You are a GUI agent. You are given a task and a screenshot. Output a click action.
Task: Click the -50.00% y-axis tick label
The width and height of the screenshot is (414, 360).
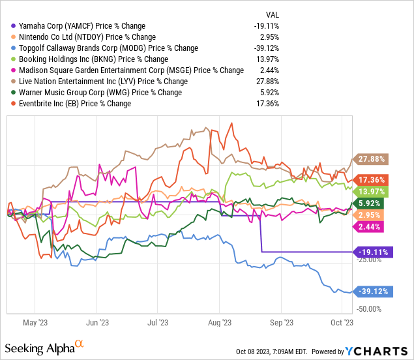[x=370, y=309]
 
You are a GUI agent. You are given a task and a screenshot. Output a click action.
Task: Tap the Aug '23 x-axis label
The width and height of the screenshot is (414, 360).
[x=220, y=322]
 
